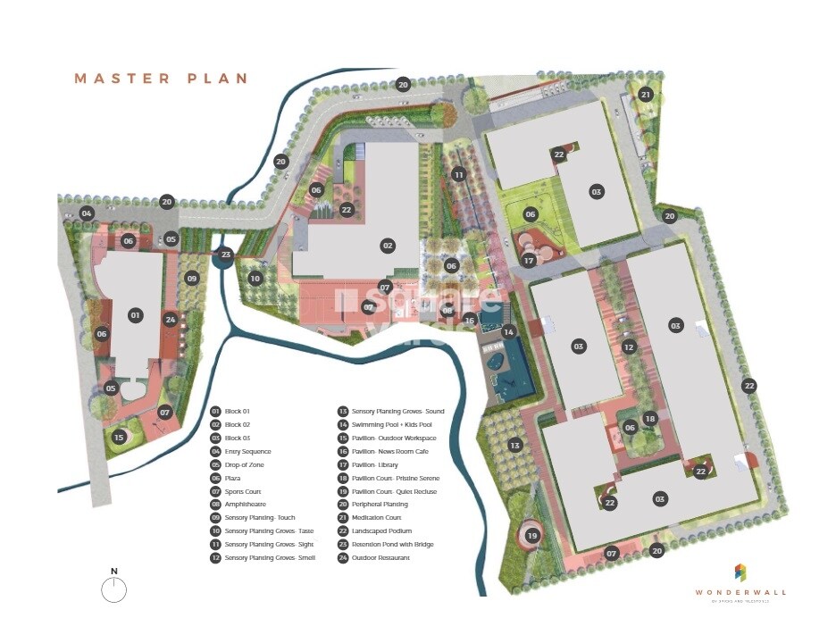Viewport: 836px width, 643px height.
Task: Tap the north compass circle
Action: tap(114, 589)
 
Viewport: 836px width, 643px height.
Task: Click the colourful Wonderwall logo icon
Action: tap(740, 572)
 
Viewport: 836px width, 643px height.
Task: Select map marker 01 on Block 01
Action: tap(136, 315)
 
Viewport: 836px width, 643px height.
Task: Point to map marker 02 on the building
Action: tap(388, 246)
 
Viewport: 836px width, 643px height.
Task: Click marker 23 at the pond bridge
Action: tap(226, 254)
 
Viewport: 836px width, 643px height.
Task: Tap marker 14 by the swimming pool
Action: tap(508, 332)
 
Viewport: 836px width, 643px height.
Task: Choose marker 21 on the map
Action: tap(646, 95)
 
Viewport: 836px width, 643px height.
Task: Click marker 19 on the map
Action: tap(532, 536)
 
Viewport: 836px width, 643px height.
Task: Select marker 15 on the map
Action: tap(119, 437)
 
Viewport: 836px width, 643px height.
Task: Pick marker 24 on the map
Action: tap(171, 319)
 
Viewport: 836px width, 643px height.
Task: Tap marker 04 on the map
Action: tap(87, 213)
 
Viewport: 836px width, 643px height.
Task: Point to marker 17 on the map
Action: tap(529, 261)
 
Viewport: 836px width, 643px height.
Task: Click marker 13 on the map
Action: tap(514, 446)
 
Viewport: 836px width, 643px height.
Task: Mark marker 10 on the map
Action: tap(255, 279)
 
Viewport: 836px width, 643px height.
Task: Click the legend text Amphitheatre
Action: tap(246, 505)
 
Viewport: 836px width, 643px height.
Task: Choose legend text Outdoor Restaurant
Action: tap(380, 558)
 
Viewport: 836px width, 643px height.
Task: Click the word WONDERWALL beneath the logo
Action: tap(741, 592)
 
